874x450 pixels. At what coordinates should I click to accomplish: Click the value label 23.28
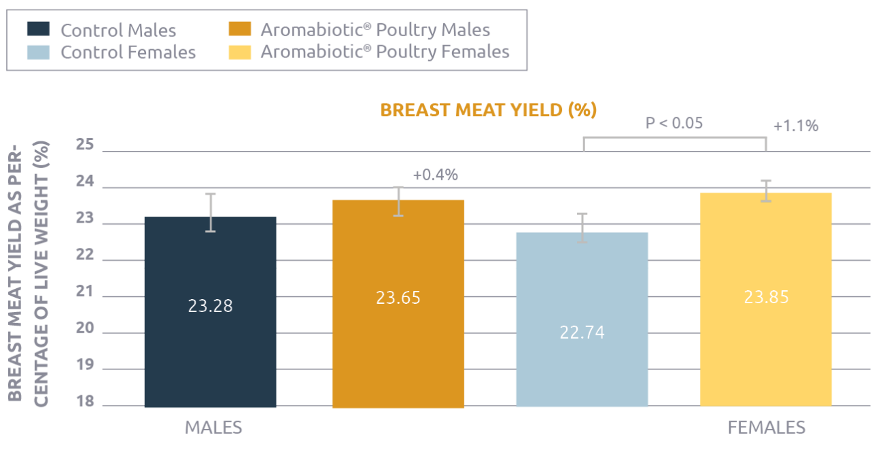click(210, 306)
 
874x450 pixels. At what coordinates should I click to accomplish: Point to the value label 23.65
click(398, 298)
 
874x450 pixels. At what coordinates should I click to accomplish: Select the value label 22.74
click(582, 333)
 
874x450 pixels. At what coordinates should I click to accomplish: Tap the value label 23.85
click(765, 297)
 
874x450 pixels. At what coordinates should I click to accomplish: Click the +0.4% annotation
click(435, 175)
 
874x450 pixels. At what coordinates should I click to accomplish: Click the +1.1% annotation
click(795, 126)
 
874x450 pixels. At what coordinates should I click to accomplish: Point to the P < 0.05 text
click(674, 123)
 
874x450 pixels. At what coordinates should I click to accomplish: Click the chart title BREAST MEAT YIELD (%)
click(488, 110)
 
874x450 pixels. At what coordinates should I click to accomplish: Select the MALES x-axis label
click(214, 427)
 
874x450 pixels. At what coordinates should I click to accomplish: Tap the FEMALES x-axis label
click(767, 427)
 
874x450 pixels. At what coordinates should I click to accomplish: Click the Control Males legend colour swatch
click(38, 29)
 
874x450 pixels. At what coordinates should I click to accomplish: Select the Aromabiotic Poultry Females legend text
click(384, 52)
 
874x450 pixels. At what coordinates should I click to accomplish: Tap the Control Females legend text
click(128, 52)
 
